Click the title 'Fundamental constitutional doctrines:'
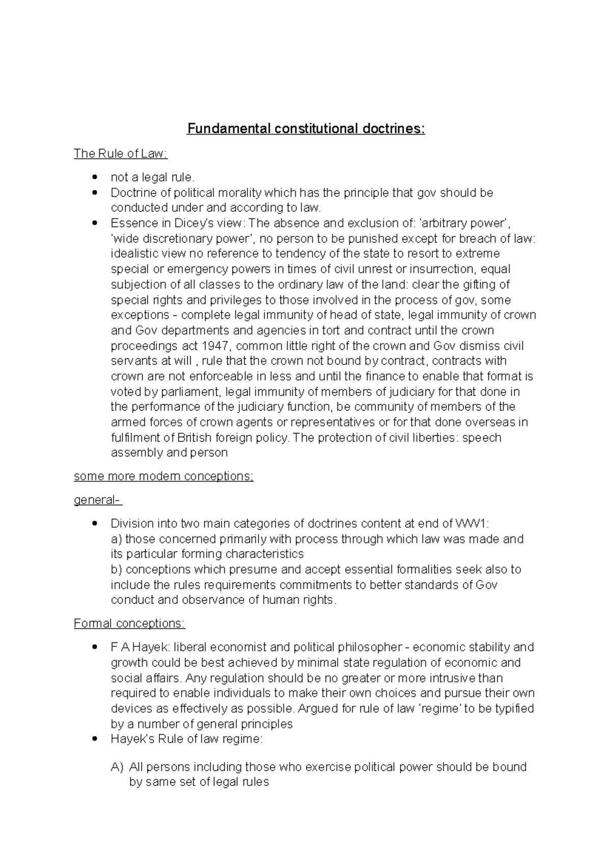tap(305, 128)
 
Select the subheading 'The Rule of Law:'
tap(120, 153)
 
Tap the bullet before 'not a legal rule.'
tap(94, 177)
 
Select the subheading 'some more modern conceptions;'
tap(163, 476)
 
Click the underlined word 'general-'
tap(98, 500)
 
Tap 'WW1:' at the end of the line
tap(472, 524)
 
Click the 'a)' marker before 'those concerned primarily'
tap(116, 539)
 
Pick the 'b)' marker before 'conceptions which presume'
tap(116, 570)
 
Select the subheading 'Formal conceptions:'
tap(129, 624)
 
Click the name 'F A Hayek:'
tap(140, 647)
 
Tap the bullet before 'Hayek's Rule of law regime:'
tap(94, 739)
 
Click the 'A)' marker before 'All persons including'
tap(117, 767)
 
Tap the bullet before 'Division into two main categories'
tap(94, 524)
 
